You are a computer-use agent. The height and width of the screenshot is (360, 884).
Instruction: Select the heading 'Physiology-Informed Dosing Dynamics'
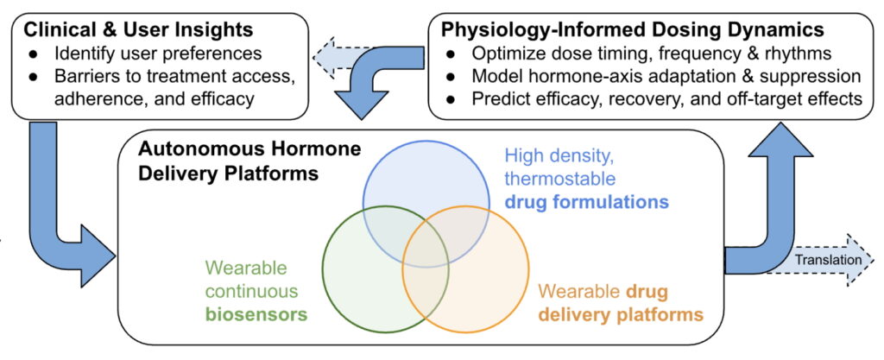(632, 28)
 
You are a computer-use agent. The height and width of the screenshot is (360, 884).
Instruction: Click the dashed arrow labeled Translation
(827, 259)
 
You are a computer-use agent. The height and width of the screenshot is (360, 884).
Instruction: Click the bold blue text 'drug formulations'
(587, 202)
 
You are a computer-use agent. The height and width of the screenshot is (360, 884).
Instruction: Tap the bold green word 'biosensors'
(256, 314)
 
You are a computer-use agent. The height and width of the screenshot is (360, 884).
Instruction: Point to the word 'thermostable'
(560, 180)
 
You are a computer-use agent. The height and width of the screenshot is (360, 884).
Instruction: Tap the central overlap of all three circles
(423, 250)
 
